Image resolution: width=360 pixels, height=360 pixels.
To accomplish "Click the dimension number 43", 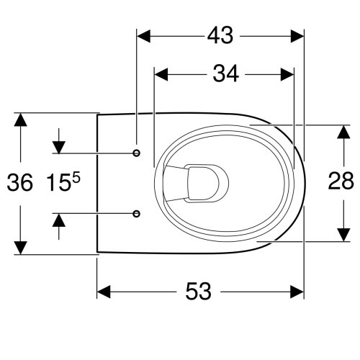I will click(220, 35).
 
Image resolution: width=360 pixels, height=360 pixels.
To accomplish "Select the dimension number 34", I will click(225, 73).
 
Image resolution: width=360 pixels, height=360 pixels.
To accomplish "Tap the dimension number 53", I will click(199, 292).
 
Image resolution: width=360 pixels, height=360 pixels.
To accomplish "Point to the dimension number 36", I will click(20, 183).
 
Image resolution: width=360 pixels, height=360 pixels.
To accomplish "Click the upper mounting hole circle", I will click(137, 153).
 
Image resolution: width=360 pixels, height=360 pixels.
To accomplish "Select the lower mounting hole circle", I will click(137, 212).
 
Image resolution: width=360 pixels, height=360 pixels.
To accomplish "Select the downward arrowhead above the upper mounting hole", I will click(58, 145).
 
